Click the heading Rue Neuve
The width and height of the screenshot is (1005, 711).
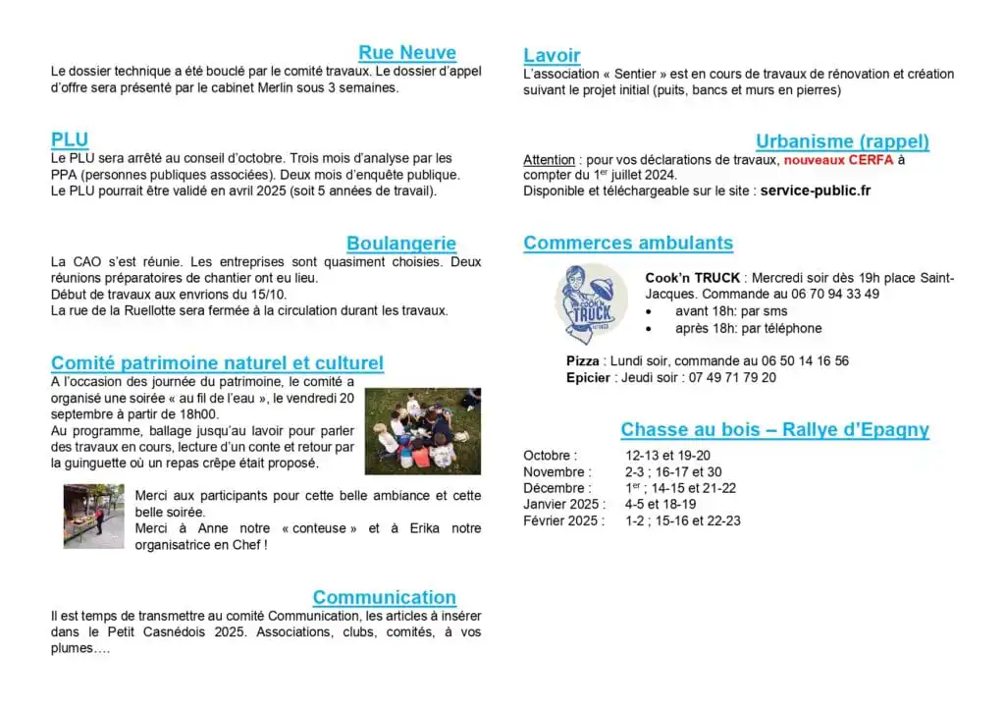(406, 53)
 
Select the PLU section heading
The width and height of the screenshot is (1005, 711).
(70, 139)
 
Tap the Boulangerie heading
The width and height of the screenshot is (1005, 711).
(400, 244)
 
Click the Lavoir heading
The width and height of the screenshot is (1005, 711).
(552, 56)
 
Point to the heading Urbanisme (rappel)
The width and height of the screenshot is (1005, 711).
(842, 141)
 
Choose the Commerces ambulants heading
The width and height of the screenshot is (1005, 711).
(628, 243)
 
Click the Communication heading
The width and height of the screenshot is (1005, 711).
(384, 597)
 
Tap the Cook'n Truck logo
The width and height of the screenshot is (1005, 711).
(593, 303)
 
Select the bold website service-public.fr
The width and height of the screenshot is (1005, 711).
(816, 191)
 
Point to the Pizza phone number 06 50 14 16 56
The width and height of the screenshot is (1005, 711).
(796, 361)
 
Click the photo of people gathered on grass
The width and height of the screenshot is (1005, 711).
(422, 431)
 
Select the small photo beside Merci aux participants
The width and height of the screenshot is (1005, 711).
(93, 516)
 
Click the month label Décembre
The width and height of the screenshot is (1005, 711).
(556, 488)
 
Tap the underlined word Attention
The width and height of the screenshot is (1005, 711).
(549, 160)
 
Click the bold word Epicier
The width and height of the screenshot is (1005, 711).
(588, 377)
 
